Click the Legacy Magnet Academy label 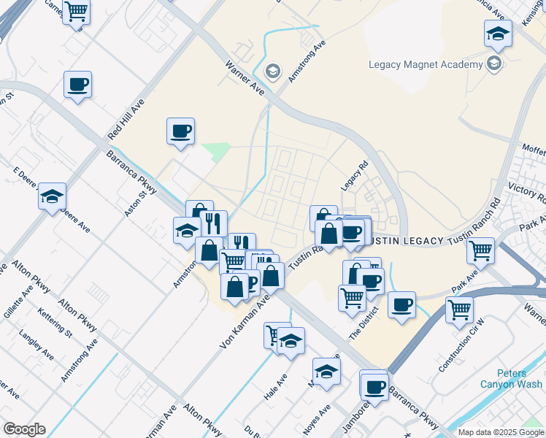(x=426, y=64)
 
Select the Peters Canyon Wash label (x=510, y=378)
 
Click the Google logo (x=23, y=429)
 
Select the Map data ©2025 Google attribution (x=501, y=432)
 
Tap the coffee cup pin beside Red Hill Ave (x=77, y=85)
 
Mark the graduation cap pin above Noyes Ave (x=326, y=371)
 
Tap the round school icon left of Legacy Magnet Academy (x=273, y=71)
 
